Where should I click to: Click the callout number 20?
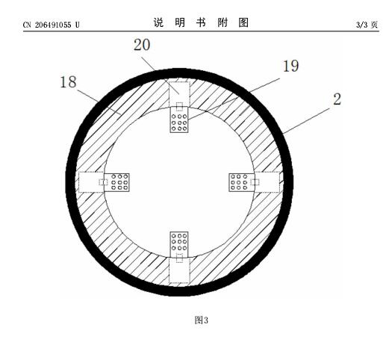142,45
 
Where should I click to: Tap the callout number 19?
290,66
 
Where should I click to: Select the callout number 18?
68,82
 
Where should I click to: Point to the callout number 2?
337,99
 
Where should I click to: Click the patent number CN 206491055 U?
52,25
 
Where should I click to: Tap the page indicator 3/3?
362,25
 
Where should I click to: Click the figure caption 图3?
202,320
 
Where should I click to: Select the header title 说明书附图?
201,22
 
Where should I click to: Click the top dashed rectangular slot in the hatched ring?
179,94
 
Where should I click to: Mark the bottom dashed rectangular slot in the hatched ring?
179,270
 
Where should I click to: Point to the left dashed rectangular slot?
91,182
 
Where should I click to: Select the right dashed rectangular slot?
267,182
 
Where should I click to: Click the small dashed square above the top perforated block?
179,107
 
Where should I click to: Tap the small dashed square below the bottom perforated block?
179,258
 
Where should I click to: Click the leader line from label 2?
307,120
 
